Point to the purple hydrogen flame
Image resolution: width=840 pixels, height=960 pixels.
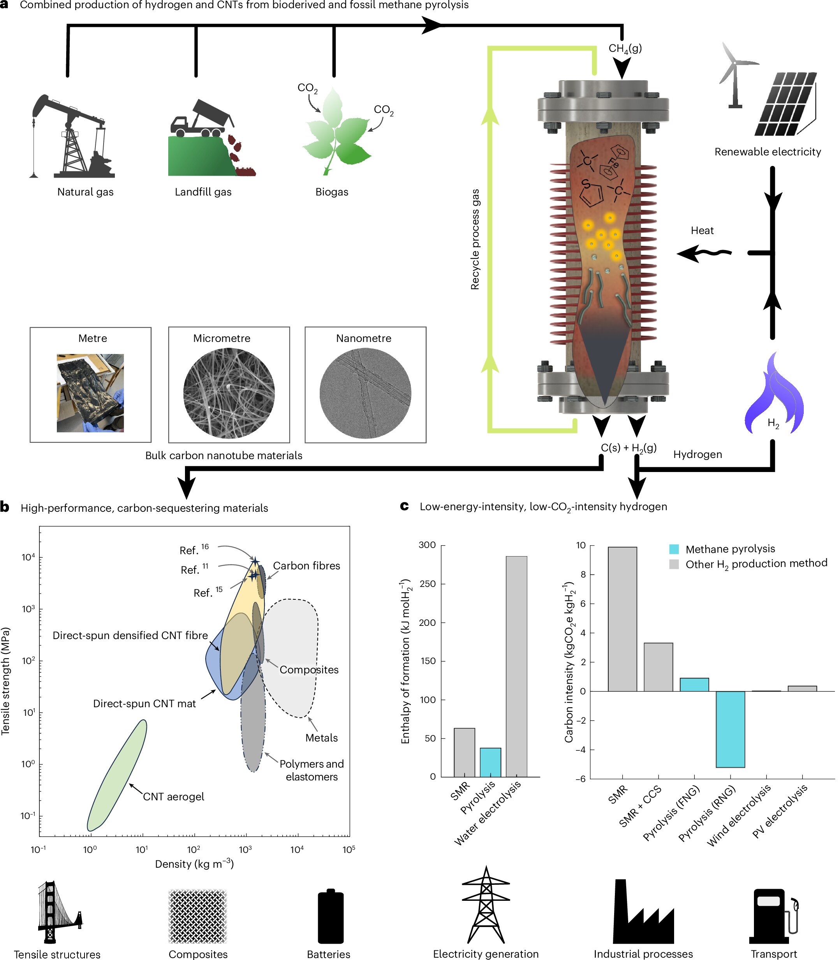coord(773,394)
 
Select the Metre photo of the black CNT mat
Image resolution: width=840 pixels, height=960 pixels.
coord(90,393)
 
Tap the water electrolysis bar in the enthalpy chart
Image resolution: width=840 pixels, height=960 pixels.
coord(516,666)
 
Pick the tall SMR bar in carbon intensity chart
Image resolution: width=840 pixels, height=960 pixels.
coord(622,619)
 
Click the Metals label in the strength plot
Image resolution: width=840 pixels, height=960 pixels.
coord(322,738)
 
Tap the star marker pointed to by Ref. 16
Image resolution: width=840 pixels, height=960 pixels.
coord(255,561)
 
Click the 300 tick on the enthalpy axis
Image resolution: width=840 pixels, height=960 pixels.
coord(427,545)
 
